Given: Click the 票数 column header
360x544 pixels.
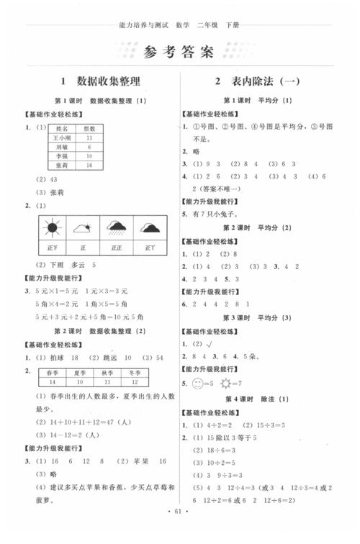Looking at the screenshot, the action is [x=89, y=127].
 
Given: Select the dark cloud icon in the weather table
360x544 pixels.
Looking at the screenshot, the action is [x=150, y=229].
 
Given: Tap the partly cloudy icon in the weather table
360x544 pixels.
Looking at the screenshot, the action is [x=84, y=229].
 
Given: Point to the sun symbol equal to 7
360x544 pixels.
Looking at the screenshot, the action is [x=234, y=382].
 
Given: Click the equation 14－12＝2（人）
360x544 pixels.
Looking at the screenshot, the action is [x=70, y=435].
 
